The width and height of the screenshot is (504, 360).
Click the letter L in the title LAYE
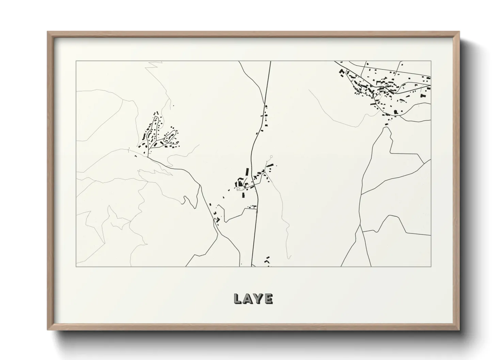238,299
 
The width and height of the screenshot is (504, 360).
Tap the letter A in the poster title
248,299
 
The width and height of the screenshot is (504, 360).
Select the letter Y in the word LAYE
258,299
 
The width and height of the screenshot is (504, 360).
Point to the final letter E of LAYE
268,299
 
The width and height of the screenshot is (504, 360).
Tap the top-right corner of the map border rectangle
431,61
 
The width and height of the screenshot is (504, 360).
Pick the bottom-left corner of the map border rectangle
76,266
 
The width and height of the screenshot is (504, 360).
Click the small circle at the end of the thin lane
271,157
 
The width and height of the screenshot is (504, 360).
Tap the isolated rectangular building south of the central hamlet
243,195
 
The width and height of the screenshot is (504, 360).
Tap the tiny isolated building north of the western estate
173,105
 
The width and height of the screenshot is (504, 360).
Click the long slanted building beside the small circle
270,166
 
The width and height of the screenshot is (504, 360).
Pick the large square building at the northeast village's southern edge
395,111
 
